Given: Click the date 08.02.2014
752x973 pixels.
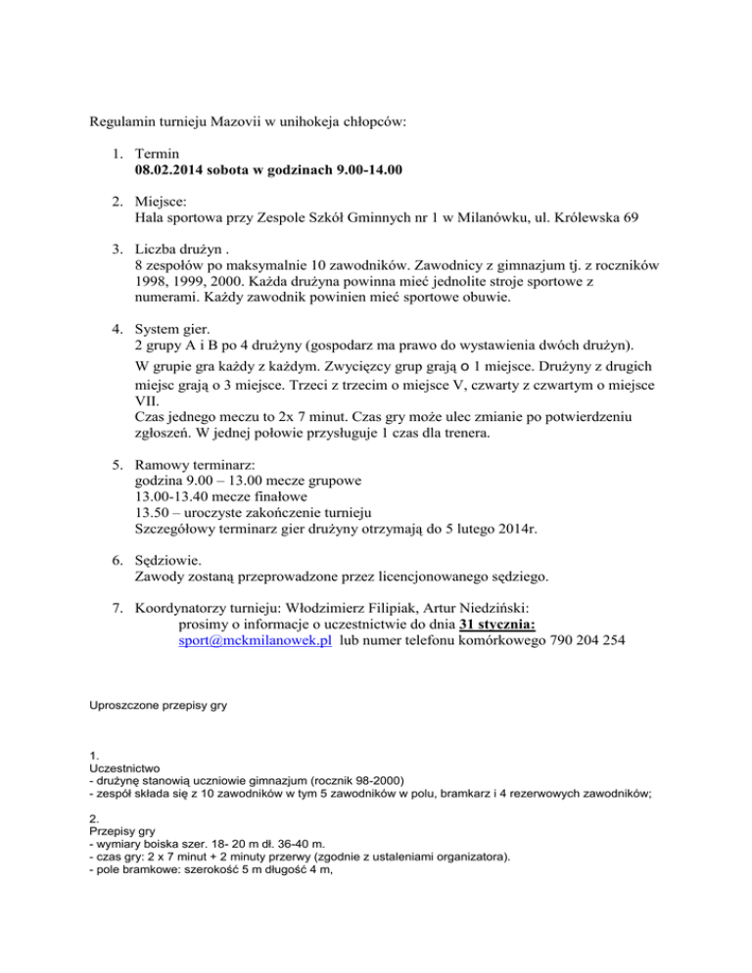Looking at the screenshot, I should pos(172,169).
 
